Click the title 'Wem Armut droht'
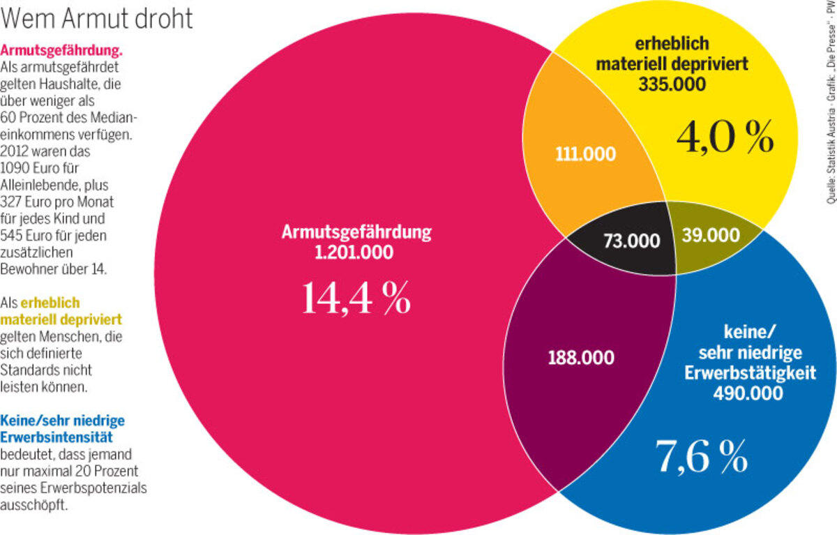(x=98, y=19)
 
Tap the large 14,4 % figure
(x=356, y=298)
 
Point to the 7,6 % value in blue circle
(x=701, y=457)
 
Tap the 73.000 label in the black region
(x=631, y=241)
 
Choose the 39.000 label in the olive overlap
(x=710, y=235)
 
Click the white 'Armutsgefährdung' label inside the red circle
(x=356, y=232)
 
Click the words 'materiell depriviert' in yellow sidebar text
(x=61, y=319)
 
